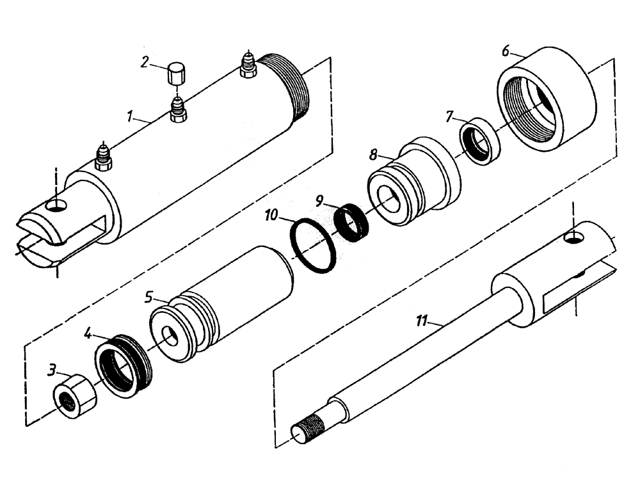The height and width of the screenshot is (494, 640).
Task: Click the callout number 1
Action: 129,117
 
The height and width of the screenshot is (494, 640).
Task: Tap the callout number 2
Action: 145,62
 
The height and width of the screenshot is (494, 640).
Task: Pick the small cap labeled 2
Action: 175,74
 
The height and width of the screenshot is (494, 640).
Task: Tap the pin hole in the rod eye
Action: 573,238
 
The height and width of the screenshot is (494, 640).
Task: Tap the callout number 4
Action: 88,333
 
